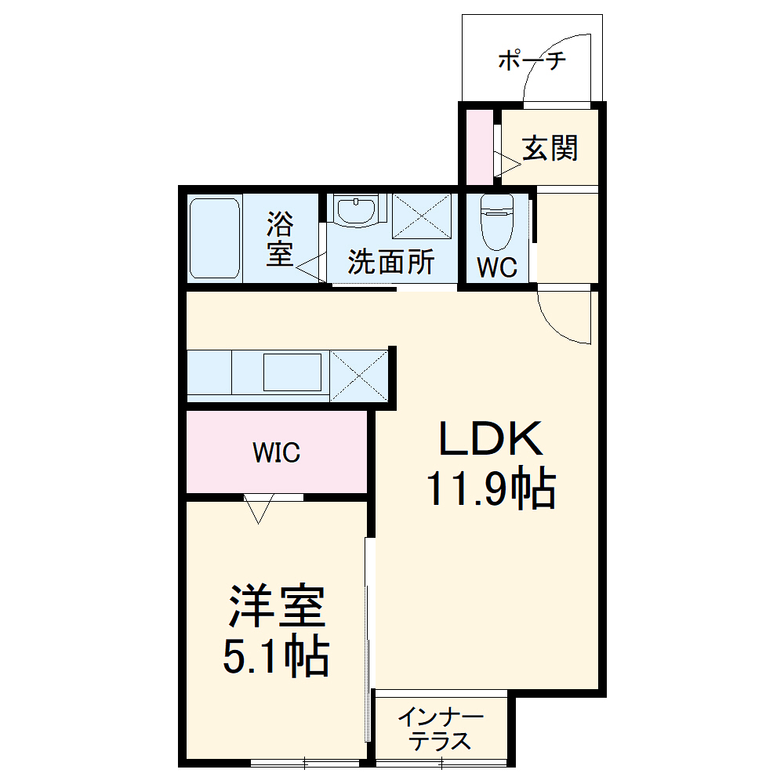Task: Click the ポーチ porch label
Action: [532, 61]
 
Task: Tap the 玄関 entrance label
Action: [550, 147]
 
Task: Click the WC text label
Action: [498, 267]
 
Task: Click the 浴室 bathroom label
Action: [279, 239]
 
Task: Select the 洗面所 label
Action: [391, 263]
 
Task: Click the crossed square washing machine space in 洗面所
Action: [422, 214]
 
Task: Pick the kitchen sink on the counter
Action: [292, 372]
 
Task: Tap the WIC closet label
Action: [276, 453]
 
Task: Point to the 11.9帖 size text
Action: [491, 490]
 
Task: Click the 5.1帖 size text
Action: [276, 657]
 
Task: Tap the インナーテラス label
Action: [441, 728]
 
